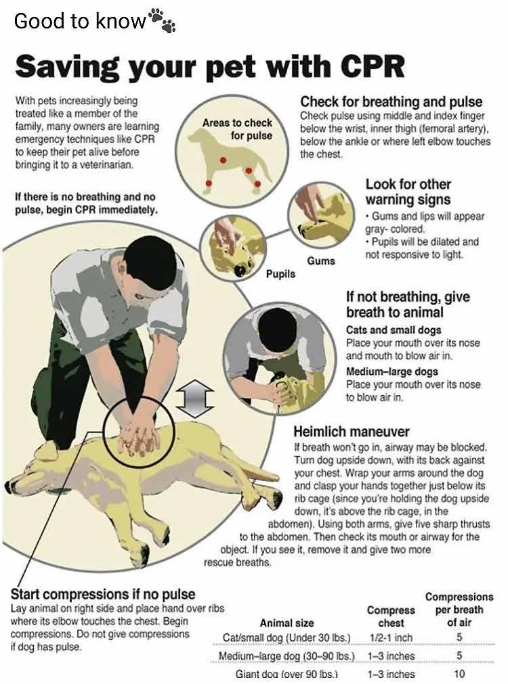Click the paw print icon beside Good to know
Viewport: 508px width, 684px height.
point(162,20)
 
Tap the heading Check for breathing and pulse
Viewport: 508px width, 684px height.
point(391,101)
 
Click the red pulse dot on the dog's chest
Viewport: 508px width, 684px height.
point(224,160)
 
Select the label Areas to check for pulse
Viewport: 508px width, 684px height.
point(237,129)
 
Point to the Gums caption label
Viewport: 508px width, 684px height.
point(321,261)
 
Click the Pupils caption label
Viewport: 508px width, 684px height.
point(280,274)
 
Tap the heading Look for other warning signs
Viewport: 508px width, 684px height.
point(408,192)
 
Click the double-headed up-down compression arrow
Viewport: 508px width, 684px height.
point(195,398)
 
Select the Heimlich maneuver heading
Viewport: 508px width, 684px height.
point(351,432)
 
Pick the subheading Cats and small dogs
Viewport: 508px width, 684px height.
point(394,329)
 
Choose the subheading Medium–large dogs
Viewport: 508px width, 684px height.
point(391,371)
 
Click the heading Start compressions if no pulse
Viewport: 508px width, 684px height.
point(103,594)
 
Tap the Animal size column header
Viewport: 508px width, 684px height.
point(287,623)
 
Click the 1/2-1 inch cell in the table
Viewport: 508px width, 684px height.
point(391,638)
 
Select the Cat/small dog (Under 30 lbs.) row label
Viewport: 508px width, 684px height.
point(287,638)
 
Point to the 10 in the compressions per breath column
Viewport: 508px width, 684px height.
point(459,674)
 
